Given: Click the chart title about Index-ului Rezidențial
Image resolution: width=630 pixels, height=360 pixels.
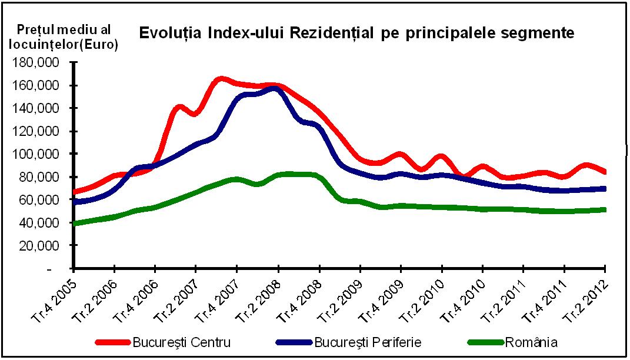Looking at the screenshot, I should pos(356,33).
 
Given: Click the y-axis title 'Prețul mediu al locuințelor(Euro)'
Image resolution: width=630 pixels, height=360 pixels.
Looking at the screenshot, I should pos(66,36).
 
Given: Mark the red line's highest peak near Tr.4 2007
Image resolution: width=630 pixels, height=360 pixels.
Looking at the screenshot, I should pos(221,79).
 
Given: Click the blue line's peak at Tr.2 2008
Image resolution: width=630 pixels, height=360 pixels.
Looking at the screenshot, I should pos(275,89).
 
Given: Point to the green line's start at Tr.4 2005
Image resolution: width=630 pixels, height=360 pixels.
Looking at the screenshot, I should pos(75,224).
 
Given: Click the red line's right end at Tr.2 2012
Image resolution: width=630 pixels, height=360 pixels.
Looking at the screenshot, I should pos(605,172).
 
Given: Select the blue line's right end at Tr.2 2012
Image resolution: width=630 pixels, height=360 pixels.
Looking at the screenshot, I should pos(605,189).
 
